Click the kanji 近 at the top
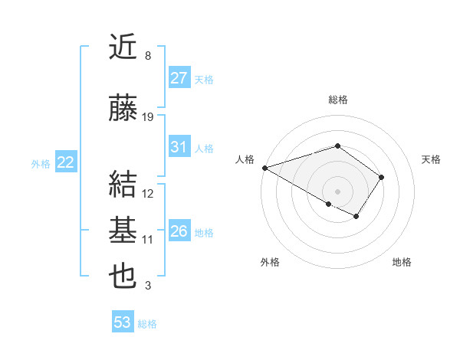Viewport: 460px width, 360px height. (x=124, y=47)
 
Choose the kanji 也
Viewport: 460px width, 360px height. (x=124, y=277)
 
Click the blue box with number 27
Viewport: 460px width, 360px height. (x=179, y=78)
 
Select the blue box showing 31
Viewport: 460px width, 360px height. (x=179, y=148)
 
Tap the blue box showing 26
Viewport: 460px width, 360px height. (x=179, y=231)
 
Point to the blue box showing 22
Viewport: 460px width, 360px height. (x=66, y=162)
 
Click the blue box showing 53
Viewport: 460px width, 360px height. (x=123, y=322)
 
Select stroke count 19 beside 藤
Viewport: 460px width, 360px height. (x=148, y=117)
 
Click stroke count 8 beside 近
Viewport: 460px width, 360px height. (x=147, y=56)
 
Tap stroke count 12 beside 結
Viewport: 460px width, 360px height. (x=148, y=194)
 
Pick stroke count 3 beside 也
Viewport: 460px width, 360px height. (x=147, y=286)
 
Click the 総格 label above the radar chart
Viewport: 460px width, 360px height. (x=337, y=100)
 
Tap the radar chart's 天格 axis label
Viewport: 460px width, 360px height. (x=432, y=159)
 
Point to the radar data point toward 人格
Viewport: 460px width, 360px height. (x=264, y=168)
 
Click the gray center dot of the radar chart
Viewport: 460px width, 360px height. (x=337, y=191)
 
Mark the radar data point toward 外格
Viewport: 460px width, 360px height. (x=329, y=204)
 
